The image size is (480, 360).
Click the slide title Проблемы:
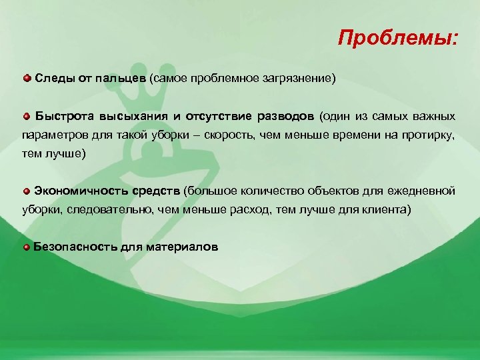tap(397, 37)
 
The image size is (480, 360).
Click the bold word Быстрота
tap(62, 116)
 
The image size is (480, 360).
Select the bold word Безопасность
tap(75, 247)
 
